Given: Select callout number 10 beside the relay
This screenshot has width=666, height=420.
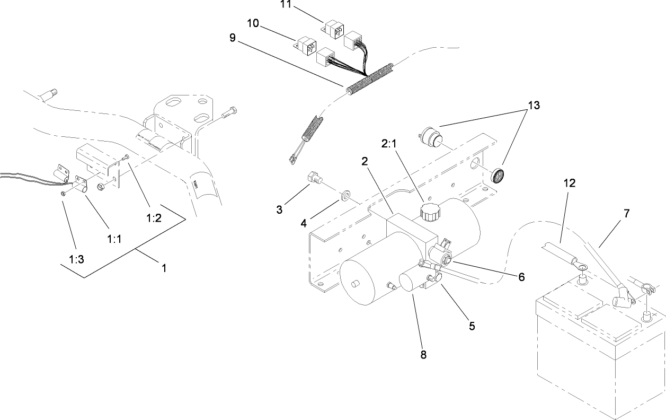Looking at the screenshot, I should pos(254,24).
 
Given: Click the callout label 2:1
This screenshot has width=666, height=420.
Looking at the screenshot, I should pos(389,144).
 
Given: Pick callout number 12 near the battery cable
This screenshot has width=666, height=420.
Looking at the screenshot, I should pos(570,183).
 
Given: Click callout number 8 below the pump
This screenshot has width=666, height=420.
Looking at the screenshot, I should pos(423,355).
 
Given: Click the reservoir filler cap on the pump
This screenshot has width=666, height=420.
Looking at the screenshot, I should pos(428,213).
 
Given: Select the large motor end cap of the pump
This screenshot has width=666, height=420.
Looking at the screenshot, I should pos(358,282).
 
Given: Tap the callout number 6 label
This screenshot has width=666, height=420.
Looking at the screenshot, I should pos(521,277).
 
